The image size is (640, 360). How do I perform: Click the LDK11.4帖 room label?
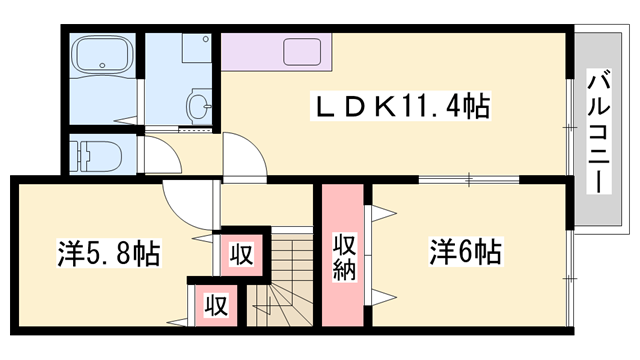click(x=400, y=106)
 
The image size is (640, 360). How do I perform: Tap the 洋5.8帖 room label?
click(x=109, y=253)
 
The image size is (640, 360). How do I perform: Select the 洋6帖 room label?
click(x=465, y=252)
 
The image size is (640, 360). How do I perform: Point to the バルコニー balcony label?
click(x=599, y=131)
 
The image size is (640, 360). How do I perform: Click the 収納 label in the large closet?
click(x=344, y=257)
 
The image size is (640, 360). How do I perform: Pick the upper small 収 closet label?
click(x=241, y=254)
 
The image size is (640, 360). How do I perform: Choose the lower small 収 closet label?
click(x=216, y=304)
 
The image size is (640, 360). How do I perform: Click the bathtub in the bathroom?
click(x=102, y=53)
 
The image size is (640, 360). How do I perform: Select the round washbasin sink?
click(x=199, y=105)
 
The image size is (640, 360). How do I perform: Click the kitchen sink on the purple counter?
click(x=302, y=52)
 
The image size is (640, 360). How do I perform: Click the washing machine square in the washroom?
click(x=197, y=48)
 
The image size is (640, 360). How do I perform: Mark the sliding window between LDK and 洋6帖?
click(x=469, y=180)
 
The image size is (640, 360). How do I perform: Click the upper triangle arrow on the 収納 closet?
click(x=384, y=213)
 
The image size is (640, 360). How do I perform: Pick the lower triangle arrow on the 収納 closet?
click(x=384, y=297)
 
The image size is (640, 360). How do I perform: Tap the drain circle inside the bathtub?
click(x=102, y=65)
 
